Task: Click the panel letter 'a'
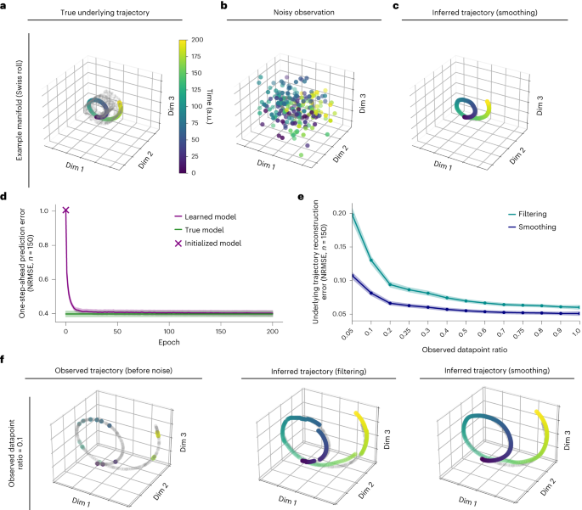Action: point(6,7)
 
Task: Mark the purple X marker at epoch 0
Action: point(65,210)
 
